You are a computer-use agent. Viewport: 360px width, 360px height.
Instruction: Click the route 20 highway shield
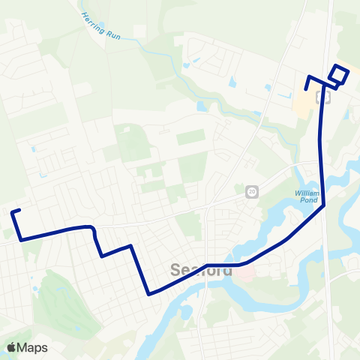(x=251, y=192)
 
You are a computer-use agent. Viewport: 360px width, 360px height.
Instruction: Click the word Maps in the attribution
(x=33, y=348)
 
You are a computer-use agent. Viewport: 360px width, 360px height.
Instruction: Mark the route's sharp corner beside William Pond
(x=324, y=205)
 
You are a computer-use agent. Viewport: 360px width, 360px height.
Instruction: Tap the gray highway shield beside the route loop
(x=322, y=97)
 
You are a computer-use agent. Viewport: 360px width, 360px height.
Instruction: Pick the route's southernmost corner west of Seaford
(x=149, y=294)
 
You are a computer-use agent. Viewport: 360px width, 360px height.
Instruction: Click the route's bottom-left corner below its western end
(x=22, y=239)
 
